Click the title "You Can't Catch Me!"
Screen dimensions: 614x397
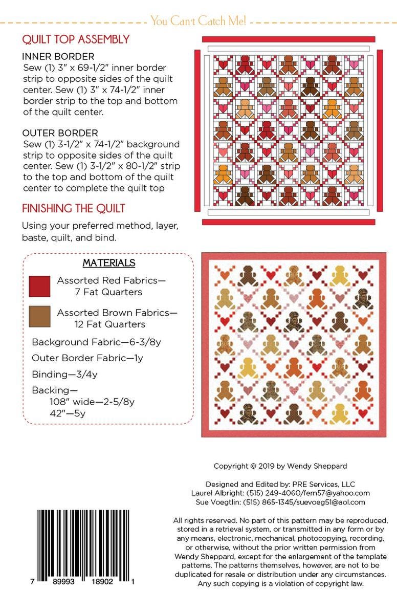(198, 21)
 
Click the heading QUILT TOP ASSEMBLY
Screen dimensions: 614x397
(75, 39)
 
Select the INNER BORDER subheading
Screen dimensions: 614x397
(58, 56)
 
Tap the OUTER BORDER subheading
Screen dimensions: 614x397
(60, 133)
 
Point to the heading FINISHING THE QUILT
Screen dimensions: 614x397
(73, 209)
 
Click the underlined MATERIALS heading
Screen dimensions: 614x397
(109, 263)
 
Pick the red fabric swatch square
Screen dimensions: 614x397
(39, 286)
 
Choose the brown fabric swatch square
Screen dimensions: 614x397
(39, 317)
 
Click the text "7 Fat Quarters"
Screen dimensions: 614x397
(108, 292)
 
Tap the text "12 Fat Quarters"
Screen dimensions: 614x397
(109, 324)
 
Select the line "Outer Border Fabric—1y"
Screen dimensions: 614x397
(87, 358)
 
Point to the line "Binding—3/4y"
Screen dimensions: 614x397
(64, 374)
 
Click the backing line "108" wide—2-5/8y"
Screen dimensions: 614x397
(92, 402)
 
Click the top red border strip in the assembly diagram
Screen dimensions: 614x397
(289, 39)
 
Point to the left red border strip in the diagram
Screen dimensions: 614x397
(197, 130)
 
